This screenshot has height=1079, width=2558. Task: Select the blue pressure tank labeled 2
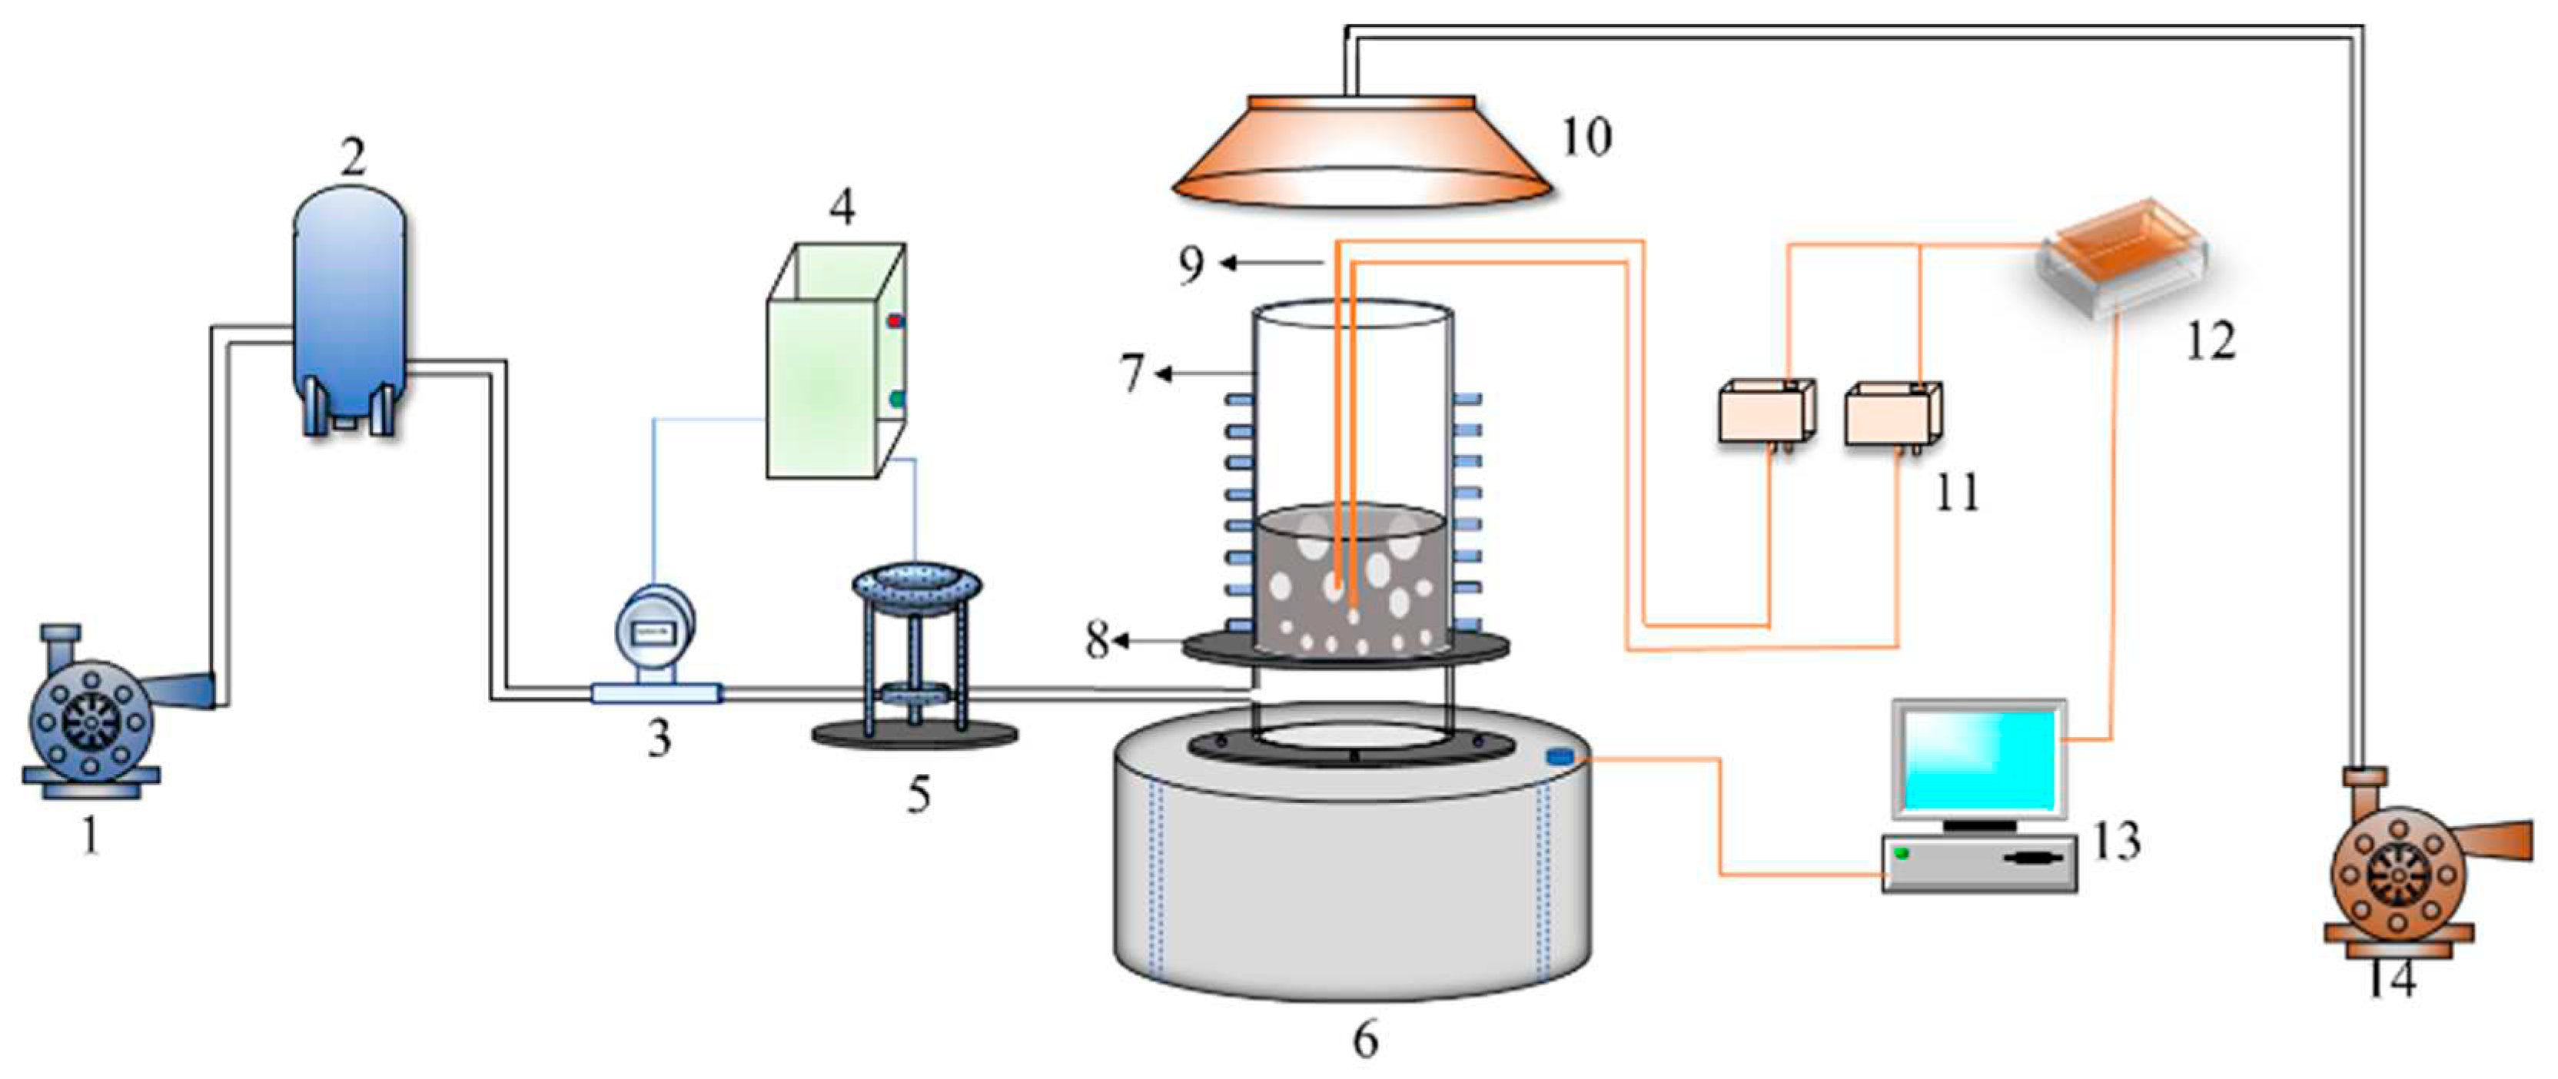(348, 307)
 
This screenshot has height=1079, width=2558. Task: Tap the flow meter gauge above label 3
(653, 629)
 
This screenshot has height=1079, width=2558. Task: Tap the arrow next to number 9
(1271, 263)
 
